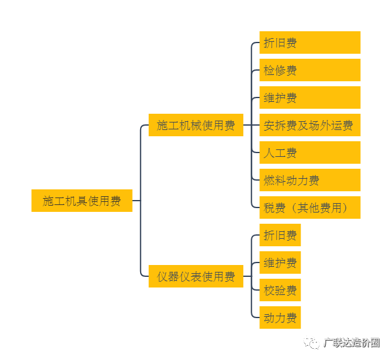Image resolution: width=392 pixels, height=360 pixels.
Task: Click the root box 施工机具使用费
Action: pyautogui.click(x=82, y=201)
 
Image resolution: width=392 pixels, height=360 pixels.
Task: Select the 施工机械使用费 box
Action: pyautogui.click(x=196, y=125)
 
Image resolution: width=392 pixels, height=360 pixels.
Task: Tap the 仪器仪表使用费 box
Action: pyautogui.click(x=196, y=276)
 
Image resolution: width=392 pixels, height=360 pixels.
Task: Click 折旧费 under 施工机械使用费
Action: pyautogui.click(x=309, y=42)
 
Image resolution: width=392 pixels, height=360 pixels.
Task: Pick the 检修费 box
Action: pyautogui.click(x=309, y=70)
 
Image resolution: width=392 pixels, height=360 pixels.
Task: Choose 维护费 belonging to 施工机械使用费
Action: pyautogui.click(x=309, y=97)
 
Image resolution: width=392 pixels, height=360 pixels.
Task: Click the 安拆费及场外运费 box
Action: pyautogui.click(x=309, y=125)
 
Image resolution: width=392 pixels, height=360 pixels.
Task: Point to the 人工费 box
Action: pyautogui.click(x=309, y=152)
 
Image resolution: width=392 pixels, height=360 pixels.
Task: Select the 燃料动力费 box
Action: pyautogui.click(x=309, y=180)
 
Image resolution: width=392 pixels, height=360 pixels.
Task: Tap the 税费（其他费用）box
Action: pyautogui.click(x=309, y=207)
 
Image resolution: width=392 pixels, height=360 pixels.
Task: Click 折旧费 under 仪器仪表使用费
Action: pyautogui.click(x=280, y=235)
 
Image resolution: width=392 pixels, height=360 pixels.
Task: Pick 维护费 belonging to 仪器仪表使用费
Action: pyautogui.click(x=280, y=262)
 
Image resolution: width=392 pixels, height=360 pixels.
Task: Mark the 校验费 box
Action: pyautogui.click(x=280, y=290)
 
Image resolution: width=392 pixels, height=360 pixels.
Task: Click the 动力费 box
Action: pyautogui.click(x=280, y=317)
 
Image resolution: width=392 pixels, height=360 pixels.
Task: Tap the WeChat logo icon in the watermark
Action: pyautogui.click(x=311, y=342)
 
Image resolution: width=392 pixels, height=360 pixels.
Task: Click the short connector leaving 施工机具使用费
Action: pyautogui.click(x=136, y=201)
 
